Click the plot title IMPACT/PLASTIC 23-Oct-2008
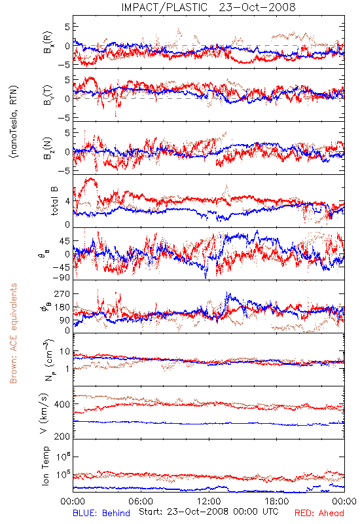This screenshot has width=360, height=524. click(208, 7)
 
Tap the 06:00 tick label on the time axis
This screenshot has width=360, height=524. click(141, 501)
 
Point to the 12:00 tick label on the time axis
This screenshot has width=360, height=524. click(209, 501)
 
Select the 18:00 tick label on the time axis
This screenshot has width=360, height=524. click(276, 501)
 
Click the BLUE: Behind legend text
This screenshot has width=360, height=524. click(101, 513)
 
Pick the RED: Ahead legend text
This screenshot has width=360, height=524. click(319, 513)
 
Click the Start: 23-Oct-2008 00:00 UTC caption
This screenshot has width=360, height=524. click(208, 512)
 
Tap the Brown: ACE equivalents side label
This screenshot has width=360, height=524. click(13, 333)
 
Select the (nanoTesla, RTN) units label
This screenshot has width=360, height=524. click(14, 122)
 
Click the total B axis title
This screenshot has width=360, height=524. click(54, 201)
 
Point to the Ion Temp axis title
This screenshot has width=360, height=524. click(45, 466)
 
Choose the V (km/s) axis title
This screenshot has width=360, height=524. click(44, 413)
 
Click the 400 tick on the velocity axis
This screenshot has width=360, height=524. click(62, 404)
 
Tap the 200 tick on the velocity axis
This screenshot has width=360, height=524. click(62, 436)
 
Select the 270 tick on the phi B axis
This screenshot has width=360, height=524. click(62, 294)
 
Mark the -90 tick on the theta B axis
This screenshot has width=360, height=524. click(60, 278)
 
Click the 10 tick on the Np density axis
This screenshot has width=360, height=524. click(65, 352)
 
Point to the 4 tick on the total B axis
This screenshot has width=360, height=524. click(68, 202)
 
